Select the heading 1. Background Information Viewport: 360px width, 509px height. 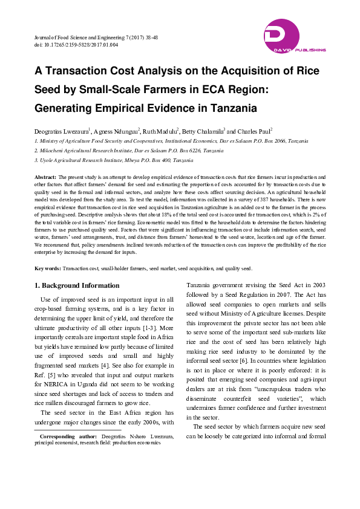pos(77,285)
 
